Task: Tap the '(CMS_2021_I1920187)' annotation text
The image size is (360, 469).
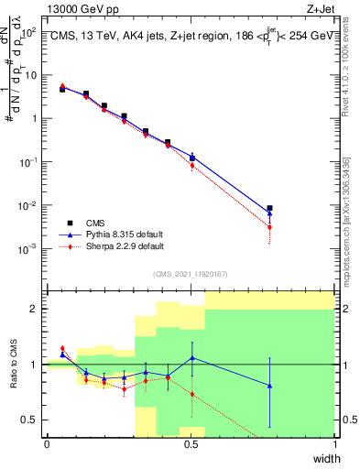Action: click(x=190, y=273)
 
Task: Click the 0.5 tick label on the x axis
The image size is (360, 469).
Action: click(x=191, y=443)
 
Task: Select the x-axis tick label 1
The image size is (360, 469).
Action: click(x=335, y=443)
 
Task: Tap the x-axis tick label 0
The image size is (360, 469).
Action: click(x=47, y=443)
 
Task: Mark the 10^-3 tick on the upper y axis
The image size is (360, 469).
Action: click(x=30, y=248)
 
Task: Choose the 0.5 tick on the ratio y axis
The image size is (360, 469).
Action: click(x=31, y=420)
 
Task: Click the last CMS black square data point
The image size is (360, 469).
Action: click(x=269, y=209)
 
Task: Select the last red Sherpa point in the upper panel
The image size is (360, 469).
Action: click(x=269, y=227)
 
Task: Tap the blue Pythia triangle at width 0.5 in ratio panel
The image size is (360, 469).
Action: click(x=191, y=358)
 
